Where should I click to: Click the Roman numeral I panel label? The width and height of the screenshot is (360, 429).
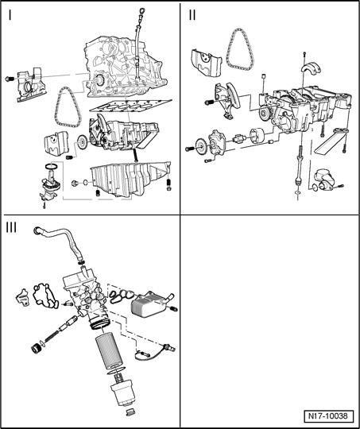point(10,15)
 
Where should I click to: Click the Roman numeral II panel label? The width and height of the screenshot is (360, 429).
point(192,15)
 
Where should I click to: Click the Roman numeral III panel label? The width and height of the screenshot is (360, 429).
point(11,227)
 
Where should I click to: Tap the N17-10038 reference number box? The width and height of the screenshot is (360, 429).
point(328,416)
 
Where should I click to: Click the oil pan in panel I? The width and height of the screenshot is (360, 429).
point(131,178)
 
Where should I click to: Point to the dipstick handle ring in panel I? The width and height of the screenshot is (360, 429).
point(141,11)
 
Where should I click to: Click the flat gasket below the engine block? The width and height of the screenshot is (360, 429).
point(131,106)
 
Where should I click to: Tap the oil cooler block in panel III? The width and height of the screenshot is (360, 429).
point(149,304)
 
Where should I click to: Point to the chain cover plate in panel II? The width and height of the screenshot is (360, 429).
point(205,64)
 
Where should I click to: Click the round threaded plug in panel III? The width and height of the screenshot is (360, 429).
point(36,349)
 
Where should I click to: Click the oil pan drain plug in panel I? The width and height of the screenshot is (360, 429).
point(74,183)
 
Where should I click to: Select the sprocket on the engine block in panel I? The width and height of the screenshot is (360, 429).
point(99,80)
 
